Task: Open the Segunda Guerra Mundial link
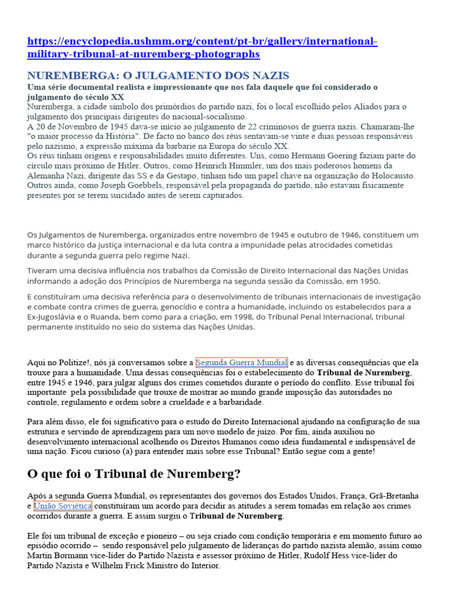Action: point(241,362)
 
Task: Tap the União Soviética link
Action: point(63,505)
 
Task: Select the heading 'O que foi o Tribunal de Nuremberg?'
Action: point(134,473)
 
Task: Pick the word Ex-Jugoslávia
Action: point(53,316)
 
